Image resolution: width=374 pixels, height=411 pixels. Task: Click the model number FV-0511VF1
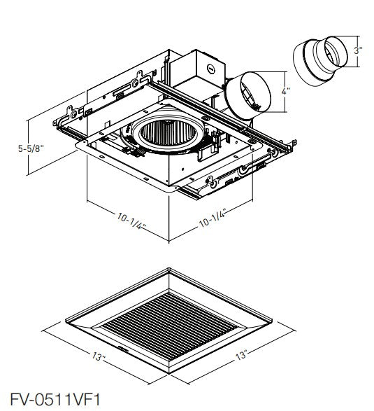(x=55, y=400)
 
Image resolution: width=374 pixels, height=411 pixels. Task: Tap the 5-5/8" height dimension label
(x=30, y=148)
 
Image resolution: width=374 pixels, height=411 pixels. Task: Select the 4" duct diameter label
(x=285, y=92)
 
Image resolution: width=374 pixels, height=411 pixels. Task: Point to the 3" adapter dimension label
(x=358, y=50)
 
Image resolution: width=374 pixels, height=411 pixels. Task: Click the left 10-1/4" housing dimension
(x=131, y=221)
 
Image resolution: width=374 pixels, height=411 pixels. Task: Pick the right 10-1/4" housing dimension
(x=213, y=218)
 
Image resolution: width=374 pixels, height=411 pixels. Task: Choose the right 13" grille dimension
(x=241, y=355)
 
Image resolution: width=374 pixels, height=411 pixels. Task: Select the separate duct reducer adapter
(x=320, y=61)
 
